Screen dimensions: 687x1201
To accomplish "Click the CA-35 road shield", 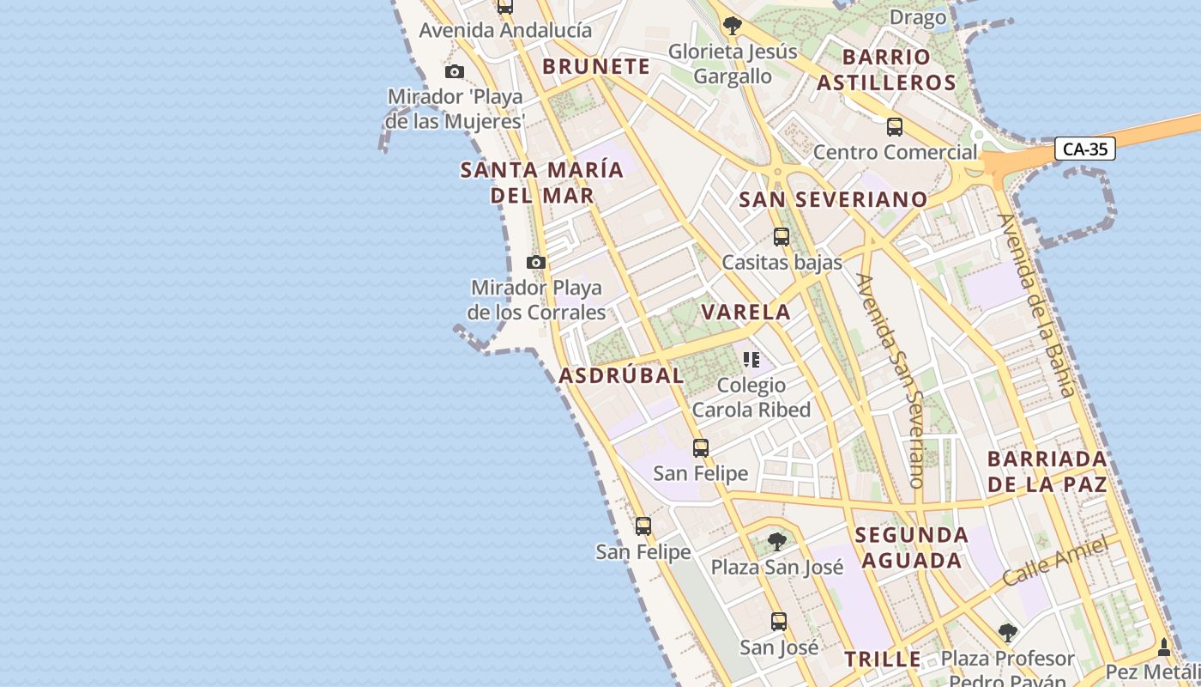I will click(1085, 149).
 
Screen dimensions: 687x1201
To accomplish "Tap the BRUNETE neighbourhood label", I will click(596, 66).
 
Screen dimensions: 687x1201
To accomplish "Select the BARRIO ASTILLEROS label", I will click(886, 70).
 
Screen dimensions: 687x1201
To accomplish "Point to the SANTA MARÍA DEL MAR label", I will click(542, 182).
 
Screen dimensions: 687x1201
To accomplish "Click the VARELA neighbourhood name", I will click(746, 312).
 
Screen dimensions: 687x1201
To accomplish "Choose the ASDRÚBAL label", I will click(622, 375).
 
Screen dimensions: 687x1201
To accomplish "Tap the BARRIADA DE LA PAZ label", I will click(1047, 471).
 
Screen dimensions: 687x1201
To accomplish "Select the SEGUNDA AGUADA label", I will click(911, 548).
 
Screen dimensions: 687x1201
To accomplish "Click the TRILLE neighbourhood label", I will click(883, 660).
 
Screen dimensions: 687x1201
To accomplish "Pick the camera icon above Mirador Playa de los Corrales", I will click(536, 262).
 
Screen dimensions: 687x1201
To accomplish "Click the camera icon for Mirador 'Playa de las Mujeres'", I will click(455, 71).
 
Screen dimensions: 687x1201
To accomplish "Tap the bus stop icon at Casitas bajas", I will click(781, 237).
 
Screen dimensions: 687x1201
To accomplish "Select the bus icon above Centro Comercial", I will click(895, 127).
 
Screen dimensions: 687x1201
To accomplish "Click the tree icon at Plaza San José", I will click(777, 542).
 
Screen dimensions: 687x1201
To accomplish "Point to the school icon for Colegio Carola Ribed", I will click(751, 360).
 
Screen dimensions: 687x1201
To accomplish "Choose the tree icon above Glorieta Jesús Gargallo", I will click(732, 26).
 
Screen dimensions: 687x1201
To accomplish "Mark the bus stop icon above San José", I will click(779, 622).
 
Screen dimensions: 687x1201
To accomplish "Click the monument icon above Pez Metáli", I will click(1164, 647).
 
